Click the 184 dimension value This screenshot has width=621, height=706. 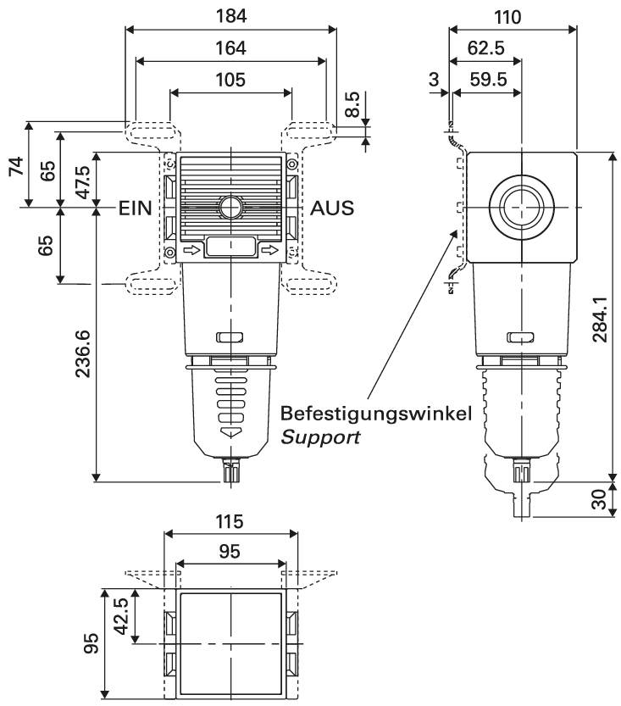[230, 14]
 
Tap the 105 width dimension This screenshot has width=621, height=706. [230, 80]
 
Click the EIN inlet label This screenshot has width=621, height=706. [136, 208]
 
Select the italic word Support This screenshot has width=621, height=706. [321, 439]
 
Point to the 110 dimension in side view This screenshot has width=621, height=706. [513, 16]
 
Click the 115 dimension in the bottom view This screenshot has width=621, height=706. [230, 520]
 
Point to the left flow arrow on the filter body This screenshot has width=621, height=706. [192, 250]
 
